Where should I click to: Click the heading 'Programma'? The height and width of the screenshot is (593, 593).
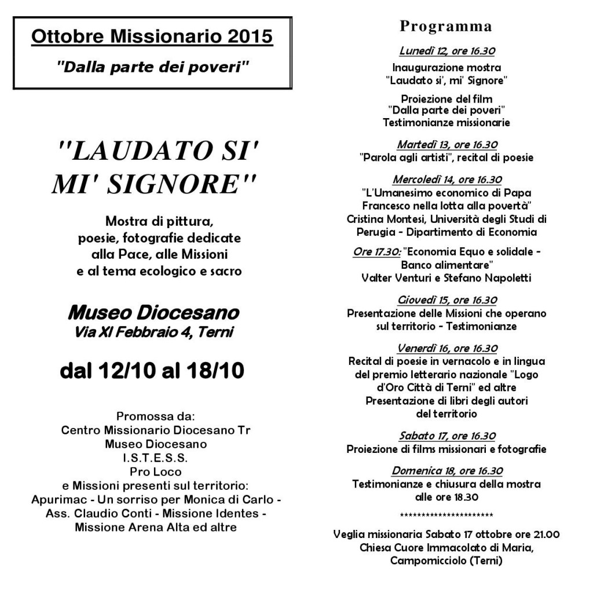coord(446,27)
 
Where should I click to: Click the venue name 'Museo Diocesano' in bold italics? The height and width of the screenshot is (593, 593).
coord(153,313)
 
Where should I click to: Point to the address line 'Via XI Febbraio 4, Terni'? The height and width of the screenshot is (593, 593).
coord(153,332)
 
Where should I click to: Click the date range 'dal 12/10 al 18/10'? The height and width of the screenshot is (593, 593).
coord(152,370)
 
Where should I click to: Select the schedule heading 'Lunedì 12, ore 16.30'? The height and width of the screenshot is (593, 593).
coord(447,51)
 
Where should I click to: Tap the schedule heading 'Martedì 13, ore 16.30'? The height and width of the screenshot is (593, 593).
coord(447,144)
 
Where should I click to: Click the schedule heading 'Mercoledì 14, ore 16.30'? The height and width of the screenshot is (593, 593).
coord(447,180)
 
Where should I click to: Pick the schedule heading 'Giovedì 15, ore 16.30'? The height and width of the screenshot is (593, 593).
coord(447,300)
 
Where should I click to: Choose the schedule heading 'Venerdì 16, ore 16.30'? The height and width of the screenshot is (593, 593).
coord(447,348)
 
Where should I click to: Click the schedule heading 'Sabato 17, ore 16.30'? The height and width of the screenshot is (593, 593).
coord(447,436)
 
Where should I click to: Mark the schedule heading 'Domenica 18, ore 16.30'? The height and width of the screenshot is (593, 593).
coord(447,471)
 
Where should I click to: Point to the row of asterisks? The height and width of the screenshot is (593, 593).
coord(446,515)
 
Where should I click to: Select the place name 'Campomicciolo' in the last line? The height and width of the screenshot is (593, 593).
coord(427,561)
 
